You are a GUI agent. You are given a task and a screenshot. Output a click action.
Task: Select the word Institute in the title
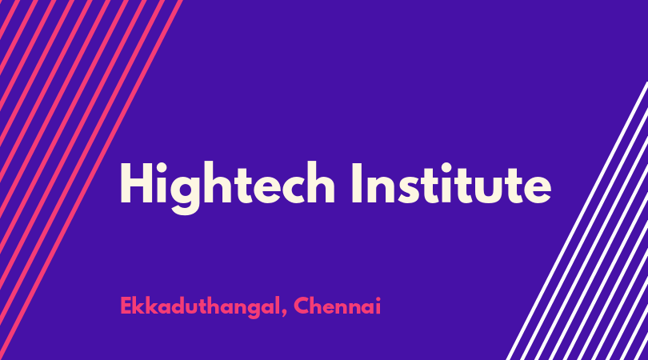451,183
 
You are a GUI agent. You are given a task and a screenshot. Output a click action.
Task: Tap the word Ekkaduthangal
198,306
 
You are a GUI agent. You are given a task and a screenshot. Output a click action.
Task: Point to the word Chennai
337,306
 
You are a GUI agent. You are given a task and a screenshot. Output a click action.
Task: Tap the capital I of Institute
356,183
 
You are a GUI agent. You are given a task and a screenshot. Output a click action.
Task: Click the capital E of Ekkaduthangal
126,306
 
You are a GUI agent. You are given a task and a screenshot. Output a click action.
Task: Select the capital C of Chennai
302,306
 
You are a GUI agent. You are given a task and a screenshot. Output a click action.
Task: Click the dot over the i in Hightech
162,166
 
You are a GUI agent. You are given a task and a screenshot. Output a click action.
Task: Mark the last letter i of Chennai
378,306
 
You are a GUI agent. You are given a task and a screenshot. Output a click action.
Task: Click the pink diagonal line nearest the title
90,180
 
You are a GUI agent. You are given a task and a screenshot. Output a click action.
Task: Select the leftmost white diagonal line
578,221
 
